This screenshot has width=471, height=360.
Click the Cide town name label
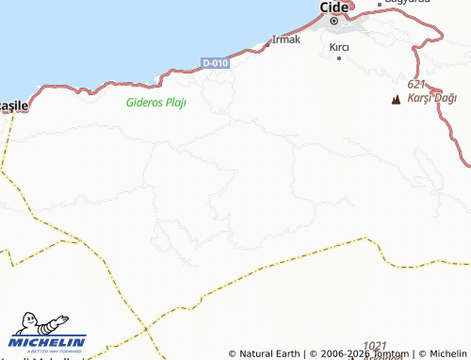pyautogui.click(x=333, y=7)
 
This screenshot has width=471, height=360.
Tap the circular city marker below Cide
pyautogui.click(x=333, y=21)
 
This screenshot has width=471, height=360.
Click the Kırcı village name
pyautogui.click(x=339, y=47)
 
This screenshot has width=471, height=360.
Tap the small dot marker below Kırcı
pyautogui.click(x=339, y=58)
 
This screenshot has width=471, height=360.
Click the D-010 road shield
pyautogui.click(x=216, y=63)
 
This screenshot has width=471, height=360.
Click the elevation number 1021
pyautogui.click(x=375, y=346)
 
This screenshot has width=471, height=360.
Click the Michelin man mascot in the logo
pyautogui.click(x=33, y=322)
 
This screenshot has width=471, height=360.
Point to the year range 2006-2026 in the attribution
pyautogui.click(x=344, y=353)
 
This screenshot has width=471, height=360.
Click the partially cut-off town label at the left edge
pyautogui.click(x=15, y=106)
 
